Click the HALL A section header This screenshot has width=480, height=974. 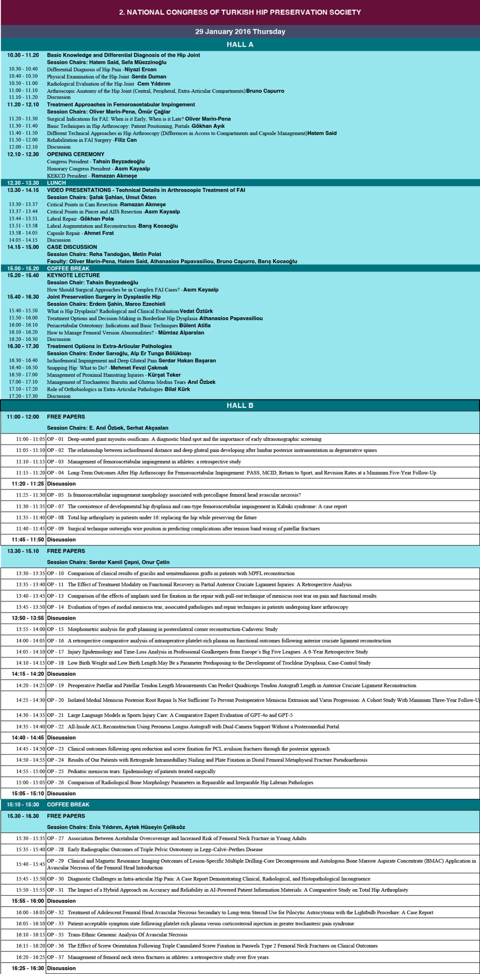point(240,45)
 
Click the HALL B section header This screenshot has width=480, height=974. point(240,405)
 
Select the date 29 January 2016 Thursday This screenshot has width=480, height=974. point(240,32)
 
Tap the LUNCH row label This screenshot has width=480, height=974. point(56,183)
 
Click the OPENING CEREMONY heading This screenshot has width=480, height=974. point(75,154)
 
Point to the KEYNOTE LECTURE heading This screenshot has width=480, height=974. point(73,275)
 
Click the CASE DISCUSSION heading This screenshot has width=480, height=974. point(72,247)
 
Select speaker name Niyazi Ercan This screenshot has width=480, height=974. point(141,69)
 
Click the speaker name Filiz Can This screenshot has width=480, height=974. point(126,140)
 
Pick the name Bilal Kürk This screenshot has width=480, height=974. point(178,389)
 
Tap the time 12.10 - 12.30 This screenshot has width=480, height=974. point(23,154)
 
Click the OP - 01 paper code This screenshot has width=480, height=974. point(55,439)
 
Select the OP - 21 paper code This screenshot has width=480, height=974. point(55,715)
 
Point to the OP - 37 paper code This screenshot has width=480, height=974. point(55,957)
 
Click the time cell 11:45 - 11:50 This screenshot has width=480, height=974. point(28,540)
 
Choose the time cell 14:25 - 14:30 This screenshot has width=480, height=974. point(30,700)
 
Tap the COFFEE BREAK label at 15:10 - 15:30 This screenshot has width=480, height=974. point(68,804)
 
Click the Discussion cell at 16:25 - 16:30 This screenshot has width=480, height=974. point(61,968)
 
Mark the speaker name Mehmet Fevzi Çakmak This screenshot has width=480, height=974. point(139,368)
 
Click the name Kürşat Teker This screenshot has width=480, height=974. point(164,375)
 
